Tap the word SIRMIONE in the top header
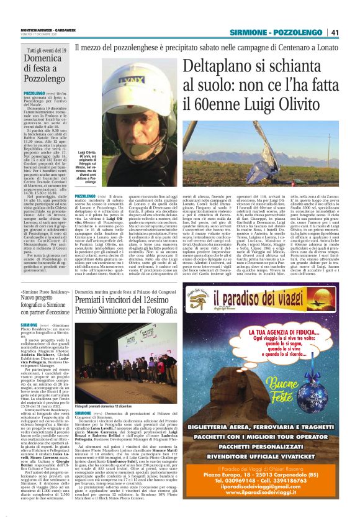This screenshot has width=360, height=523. coord(248,32)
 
